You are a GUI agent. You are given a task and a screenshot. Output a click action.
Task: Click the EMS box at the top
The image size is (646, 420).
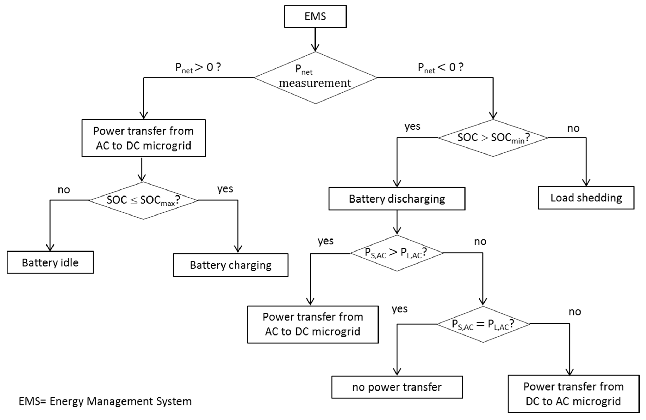[x=315, y=16]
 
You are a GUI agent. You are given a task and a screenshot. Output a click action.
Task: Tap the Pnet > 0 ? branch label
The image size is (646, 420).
[x=198, y=67]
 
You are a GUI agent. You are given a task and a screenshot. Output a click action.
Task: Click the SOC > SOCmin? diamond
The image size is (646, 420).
[x=493, y=138]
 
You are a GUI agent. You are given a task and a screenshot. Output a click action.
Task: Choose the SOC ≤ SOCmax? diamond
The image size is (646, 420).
[x=143, y=200]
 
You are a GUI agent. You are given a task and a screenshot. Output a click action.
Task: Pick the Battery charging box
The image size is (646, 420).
[x=230, y=265]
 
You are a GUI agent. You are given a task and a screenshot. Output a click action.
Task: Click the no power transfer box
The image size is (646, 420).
[x=397, y=387]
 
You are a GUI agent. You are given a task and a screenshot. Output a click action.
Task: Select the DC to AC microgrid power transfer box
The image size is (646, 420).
[x=573, y=394]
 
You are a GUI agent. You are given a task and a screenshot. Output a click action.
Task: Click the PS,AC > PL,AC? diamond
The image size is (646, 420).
[x=397, y=253]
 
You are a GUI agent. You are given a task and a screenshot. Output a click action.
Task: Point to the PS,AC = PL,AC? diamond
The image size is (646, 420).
[x=483, y=324]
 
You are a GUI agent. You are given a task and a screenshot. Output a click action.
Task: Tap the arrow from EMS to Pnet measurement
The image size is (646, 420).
[x=315, y=39]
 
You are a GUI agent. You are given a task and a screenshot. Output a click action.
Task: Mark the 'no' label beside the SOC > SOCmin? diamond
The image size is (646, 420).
[x=573, y=128]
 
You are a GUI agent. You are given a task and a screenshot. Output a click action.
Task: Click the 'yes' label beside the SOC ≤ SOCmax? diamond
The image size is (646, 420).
[x=225, y=189]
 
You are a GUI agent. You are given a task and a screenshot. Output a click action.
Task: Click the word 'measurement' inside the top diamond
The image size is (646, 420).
[x=315, y=83]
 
